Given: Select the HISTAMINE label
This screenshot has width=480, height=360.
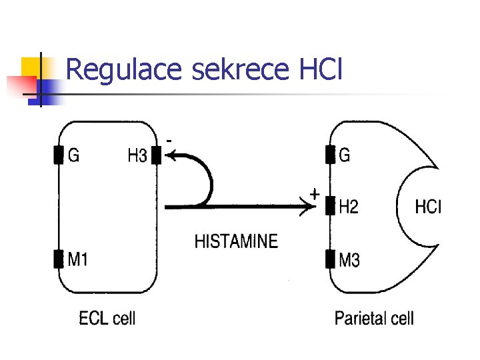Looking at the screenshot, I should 236,241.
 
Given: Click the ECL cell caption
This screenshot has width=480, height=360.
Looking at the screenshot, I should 107,318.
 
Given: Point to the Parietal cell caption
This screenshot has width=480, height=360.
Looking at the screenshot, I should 374,318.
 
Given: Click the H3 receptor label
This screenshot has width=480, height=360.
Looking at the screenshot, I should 137,156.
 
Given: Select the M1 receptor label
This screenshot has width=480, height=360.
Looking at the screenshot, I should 78,259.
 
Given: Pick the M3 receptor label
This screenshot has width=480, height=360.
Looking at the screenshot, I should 349,259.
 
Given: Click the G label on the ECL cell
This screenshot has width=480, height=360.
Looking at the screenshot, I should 74,155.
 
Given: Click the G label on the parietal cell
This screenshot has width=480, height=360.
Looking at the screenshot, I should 345,155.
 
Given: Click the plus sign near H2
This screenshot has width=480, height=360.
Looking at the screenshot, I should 315,194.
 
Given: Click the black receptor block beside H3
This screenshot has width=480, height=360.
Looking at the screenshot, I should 156,155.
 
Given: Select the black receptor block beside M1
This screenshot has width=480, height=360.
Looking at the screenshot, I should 59,259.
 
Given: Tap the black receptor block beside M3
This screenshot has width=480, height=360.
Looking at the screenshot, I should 329,257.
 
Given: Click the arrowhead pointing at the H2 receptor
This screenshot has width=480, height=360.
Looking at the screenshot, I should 311,207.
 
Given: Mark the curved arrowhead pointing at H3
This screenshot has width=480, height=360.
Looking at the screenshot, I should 171,157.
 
